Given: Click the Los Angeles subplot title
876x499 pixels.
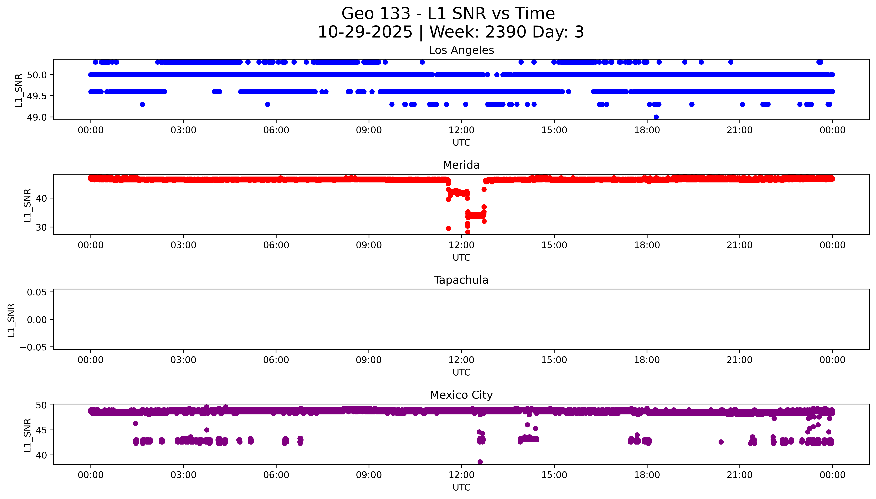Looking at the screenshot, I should tap(461, 50).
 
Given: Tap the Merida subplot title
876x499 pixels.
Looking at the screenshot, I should tap(461, 165).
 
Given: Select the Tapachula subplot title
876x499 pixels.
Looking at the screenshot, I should tap(461, 280).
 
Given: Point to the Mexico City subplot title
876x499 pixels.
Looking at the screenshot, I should tap(461, 395).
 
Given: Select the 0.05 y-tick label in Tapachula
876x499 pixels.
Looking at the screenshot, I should tap(37, 292).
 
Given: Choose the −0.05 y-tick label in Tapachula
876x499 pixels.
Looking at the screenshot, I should tap(33, 347).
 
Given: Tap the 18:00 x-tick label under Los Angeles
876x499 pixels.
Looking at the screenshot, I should tap(647, 130).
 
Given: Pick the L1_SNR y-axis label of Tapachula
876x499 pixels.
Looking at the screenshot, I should tap(11, 320).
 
